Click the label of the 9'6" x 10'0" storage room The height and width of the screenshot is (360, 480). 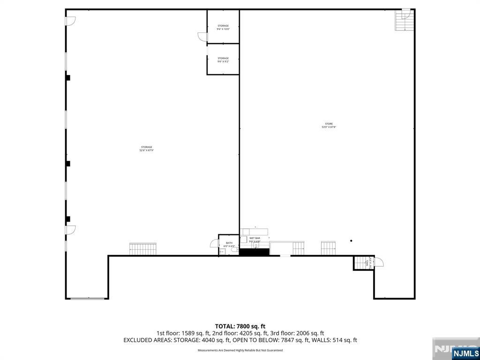pyautogui.click(x=223, y=27)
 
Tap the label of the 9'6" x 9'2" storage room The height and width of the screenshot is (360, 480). pyautogui.click(x=223, y=60)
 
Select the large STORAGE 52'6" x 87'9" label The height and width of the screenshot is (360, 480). pyautogui.click(x=146, y=149)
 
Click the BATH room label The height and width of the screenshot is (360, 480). pyautogui.click(x=229, y=244)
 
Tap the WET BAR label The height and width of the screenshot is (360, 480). pyautogui.click(x=255, y=240)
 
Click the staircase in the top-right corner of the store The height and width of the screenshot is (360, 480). pyautogui.click(x=405, y=20)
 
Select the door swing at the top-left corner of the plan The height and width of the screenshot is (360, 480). pyautogui.click(x=70, y=21)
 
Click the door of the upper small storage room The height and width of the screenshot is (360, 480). pyautogui.click(x=202, y=37)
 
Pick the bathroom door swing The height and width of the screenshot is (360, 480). pyautogui.click(x=214, y=243)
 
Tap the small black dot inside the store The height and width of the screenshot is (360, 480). pyautogui.click(x=351, y=241)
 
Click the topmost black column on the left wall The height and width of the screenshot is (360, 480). pyautogui.click(x=68, y=77)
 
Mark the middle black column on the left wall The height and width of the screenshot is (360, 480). pyautogui.click(x=68, y=163)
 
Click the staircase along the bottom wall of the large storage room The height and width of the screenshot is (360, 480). pyautogui.click(x=142, y=249)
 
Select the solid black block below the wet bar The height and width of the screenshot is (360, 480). pyautogui.click(x=254, y=252)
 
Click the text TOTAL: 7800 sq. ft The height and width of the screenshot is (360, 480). pyautogui.click(x=240, y=326)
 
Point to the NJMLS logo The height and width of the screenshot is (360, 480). pyautogui.click(x=465, y=353)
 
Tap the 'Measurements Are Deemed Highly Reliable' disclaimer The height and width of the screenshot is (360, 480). pyautogui.click(x=240, y=350)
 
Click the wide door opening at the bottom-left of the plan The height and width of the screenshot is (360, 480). pyautogui.click(x=87, y=298)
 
